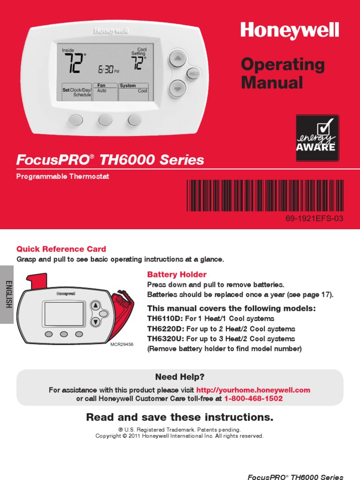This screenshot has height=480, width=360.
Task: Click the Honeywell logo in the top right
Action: (289, 31)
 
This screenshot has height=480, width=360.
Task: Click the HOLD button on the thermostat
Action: (193, 74)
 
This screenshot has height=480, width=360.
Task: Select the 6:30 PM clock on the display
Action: (108, 70)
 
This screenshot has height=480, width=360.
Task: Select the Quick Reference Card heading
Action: (61, 249)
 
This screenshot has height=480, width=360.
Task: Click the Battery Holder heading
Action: (177, 274)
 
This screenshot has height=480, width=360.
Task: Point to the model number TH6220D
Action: (166, 329)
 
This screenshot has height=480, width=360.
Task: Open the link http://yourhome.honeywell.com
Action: (253, 390)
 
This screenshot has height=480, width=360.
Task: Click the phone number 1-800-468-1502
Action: (254, 398)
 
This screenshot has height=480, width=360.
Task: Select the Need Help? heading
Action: (180, 377)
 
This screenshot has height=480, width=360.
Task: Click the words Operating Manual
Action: (283, 74)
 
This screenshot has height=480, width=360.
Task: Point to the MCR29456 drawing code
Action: (122, 345)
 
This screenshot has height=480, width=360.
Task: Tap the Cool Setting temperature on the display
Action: (138, 63)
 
